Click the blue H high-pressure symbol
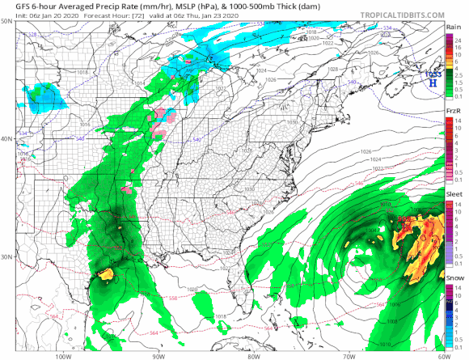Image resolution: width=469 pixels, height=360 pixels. (x=433, y=83)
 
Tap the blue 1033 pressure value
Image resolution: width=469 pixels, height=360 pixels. (x=433, y=74)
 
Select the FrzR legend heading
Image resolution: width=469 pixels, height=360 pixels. (x=454, y=110)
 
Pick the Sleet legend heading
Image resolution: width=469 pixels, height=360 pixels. (x=454, y=195)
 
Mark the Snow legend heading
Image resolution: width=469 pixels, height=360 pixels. (x=454, y=277)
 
